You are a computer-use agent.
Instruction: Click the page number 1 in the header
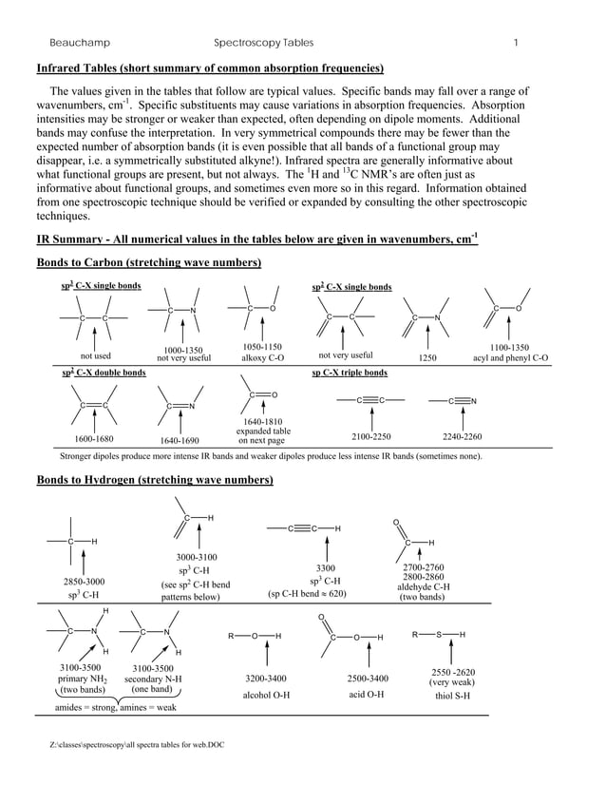[x=514, y=43]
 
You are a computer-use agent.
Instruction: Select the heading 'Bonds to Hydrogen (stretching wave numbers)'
[x=154, y=481]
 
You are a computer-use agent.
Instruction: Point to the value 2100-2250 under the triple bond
[x=370, y=436]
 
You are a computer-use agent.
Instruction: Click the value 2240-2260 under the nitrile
[x=462, y=436]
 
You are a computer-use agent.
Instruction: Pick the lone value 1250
[x=426, y=358]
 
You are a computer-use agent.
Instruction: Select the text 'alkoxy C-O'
[x=262, y=358]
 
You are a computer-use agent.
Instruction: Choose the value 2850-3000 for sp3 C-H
[x=84, y=581]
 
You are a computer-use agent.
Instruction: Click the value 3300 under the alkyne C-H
[x=326, y=567]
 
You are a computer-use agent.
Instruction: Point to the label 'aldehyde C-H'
[x=423, y=586]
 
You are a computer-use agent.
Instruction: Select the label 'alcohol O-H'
[x=265, y=695]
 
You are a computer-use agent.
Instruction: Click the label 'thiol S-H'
[x=452, y=695]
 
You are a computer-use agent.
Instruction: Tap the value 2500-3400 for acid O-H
[x=367, y=679]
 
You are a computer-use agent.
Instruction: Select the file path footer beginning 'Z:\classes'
[x=137, y=744]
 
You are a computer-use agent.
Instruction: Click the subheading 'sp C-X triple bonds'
[x=350, y=373]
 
